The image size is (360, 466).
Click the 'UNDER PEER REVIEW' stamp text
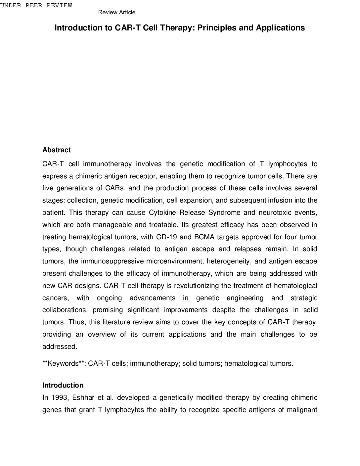(36, 6)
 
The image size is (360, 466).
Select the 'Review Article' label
(117, 13)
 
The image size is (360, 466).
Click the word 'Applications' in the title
(280, 28)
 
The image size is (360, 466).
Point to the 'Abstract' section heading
(57, 150)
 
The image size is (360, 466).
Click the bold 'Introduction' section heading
(63, 385)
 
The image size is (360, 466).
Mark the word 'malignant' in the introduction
(302, 410)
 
